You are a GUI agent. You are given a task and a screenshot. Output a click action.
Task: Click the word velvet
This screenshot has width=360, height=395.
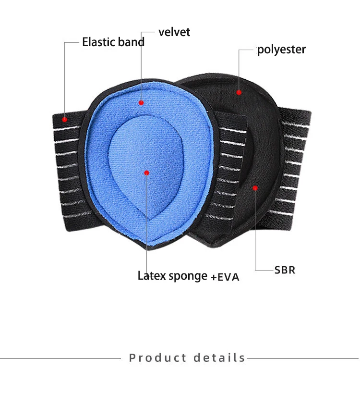pos(174,32)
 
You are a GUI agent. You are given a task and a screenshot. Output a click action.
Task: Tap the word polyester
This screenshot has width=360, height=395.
pos(281,49)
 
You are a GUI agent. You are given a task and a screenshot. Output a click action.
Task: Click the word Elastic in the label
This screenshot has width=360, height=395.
pos(98,42)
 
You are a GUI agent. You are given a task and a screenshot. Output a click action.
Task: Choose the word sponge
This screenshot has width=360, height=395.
pos(187,277)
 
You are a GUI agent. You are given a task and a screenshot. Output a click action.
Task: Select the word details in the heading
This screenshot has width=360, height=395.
pos(219,358)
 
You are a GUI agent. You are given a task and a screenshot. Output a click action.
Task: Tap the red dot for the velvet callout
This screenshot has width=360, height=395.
pos(141,102)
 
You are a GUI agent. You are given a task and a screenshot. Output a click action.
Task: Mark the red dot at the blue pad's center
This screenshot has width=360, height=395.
pos(146,173)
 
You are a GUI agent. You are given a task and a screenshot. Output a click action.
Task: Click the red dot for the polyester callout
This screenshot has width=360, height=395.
pos(239,91)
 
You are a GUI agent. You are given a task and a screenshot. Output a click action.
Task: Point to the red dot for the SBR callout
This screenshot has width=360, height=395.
pos(255,187)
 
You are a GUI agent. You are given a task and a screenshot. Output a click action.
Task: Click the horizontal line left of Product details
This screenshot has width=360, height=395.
pos(60,358)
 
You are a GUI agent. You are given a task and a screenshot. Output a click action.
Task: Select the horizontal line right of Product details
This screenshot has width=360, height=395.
pos(302,358)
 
